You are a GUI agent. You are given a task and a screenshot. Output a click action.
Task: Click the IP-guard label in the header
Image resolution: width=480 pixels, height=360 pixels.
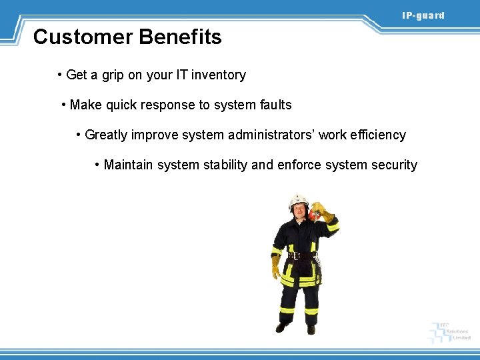[x=423, y=15]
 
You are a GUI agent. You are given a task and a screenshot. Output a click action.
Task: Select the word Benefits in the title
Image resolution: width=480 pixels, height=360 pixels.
[x=181, y=37]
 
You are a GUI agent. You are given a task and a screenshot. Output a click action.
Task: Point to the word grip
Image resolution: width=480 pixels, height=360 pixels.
[x=113, y=75]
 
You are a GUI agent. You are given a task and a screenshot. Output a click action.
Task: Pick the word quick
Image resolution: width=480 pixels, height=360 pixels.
[x=123, y=105]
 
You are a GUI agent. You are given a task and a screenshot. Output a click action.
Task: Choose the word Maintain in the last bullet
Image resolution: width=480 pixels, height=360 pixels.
[x=129, y=165]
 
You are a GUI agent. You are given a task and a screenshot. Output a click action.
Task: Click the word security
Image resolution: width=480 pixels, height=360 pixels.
[x=393, y=165]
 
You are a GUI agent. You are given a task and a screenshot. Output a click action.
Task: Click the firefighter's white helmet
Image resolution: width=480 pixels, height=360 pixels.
[x=298, y=200]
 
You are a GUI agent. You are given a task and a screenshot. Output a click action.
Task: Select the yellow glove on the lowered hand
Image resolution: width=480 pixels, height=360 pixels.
[x=275, y=267]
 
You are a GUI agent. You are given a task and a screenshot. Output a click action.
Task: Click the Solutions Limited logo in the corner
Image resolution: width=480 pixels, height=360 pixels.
[x=451, y=331]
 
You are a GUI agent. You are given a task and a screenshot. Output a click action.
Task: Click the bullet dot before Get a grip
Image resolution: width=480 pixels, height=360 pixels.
[x=60, y=75]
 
